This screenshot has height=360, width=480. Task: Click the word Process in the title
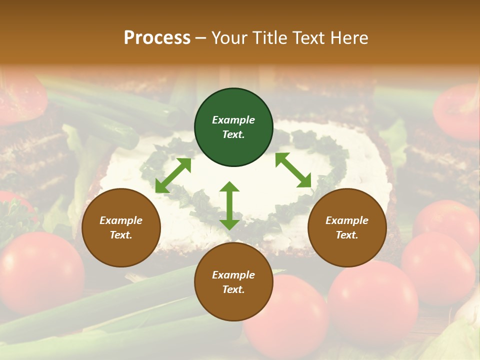(157, 38)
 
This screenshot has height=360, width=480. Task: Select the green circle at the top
(233, 127)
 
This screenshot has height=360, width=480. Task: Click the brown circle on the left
(121, 227)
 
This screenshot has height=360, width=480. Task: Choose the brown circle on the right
(347, 227)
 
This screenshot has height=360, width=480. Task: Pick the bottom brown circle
(233, 282)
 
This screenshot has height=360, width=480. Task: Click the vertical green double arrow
(229, 205)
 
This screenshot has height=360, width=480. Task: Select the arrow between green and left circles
(173, 175)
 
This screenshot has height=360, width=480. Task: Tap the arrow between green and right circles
(293, 170)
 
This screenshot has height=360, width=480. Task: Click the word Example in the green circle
(233, 120)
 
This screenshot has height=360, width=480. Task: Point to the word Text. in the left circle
(121, 235)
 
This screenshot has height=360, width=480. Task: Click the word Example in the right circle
(347, 220)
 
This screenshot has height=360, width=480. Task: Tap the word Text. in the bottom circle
(233, 289)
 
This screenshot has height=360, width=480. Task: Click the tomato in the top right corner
(457, 112)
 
